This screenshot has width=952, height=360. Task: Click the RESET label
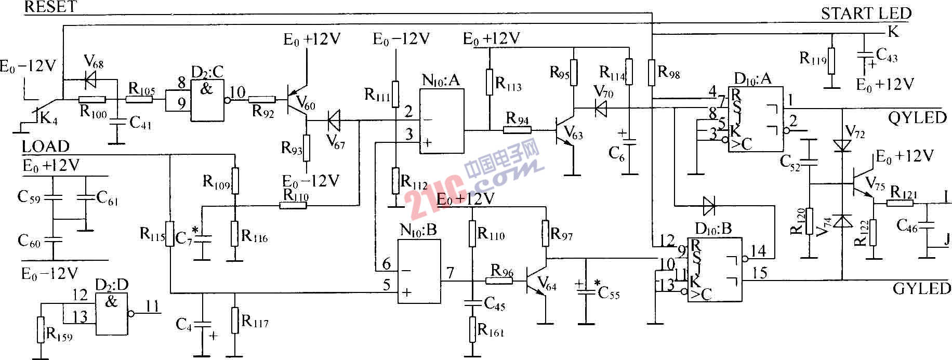click(x=50, y=7)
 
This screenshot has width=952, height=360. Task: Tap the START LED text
click(x=866, y=14)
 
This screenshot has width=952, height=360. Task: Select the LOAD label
click(x=45, y=146)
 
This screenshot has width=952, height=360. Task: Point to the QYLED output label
click(x=917, y=118)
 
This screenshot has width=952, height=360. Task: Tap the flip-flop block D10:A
click(x=756, y=119)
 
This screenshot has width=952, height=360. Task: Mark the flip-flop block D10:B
click(x=715, y=270)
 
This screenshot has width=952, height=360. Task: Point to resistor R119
click(x=831, y=61)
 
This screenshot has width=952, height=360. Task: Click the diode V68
click(x=91, y=80)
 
